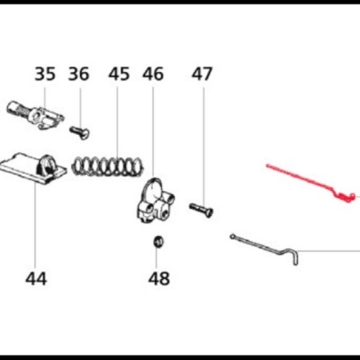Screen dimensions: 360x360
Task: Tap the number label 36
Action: [x=79, y=75]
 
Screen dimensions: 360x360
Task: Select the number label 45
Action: [x=119, y=75]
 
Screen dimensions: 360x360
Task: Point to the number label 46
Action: [x=153, y=75]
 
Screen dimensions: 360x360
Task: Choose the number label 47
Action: [x=201, y=75]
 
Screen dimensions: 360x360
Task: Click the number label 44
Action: [x=35, y=278]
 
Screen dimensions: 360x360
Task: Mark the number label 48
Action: [x=158, y=278]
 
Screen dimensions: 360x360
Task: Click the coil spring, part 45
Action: [x=109, y=165]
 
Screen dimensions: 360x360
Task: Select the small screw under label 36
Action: [x=79, y=134]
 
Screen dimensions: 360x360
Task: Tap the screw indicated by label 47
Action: [x=202, y=209]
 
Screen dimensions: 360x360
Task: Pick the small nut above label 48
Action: [x=157, y=241]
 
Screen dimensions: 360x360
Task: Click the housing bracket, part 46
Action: [x=155, y=201]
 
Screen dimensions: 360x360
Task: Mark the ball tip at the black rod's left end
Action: [x=232, y=236]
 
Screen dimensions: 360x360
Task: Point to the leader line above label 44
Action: [x=35, y=225]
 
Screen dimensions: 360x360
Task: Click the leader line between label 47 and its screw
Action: [x=201, y=144]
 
